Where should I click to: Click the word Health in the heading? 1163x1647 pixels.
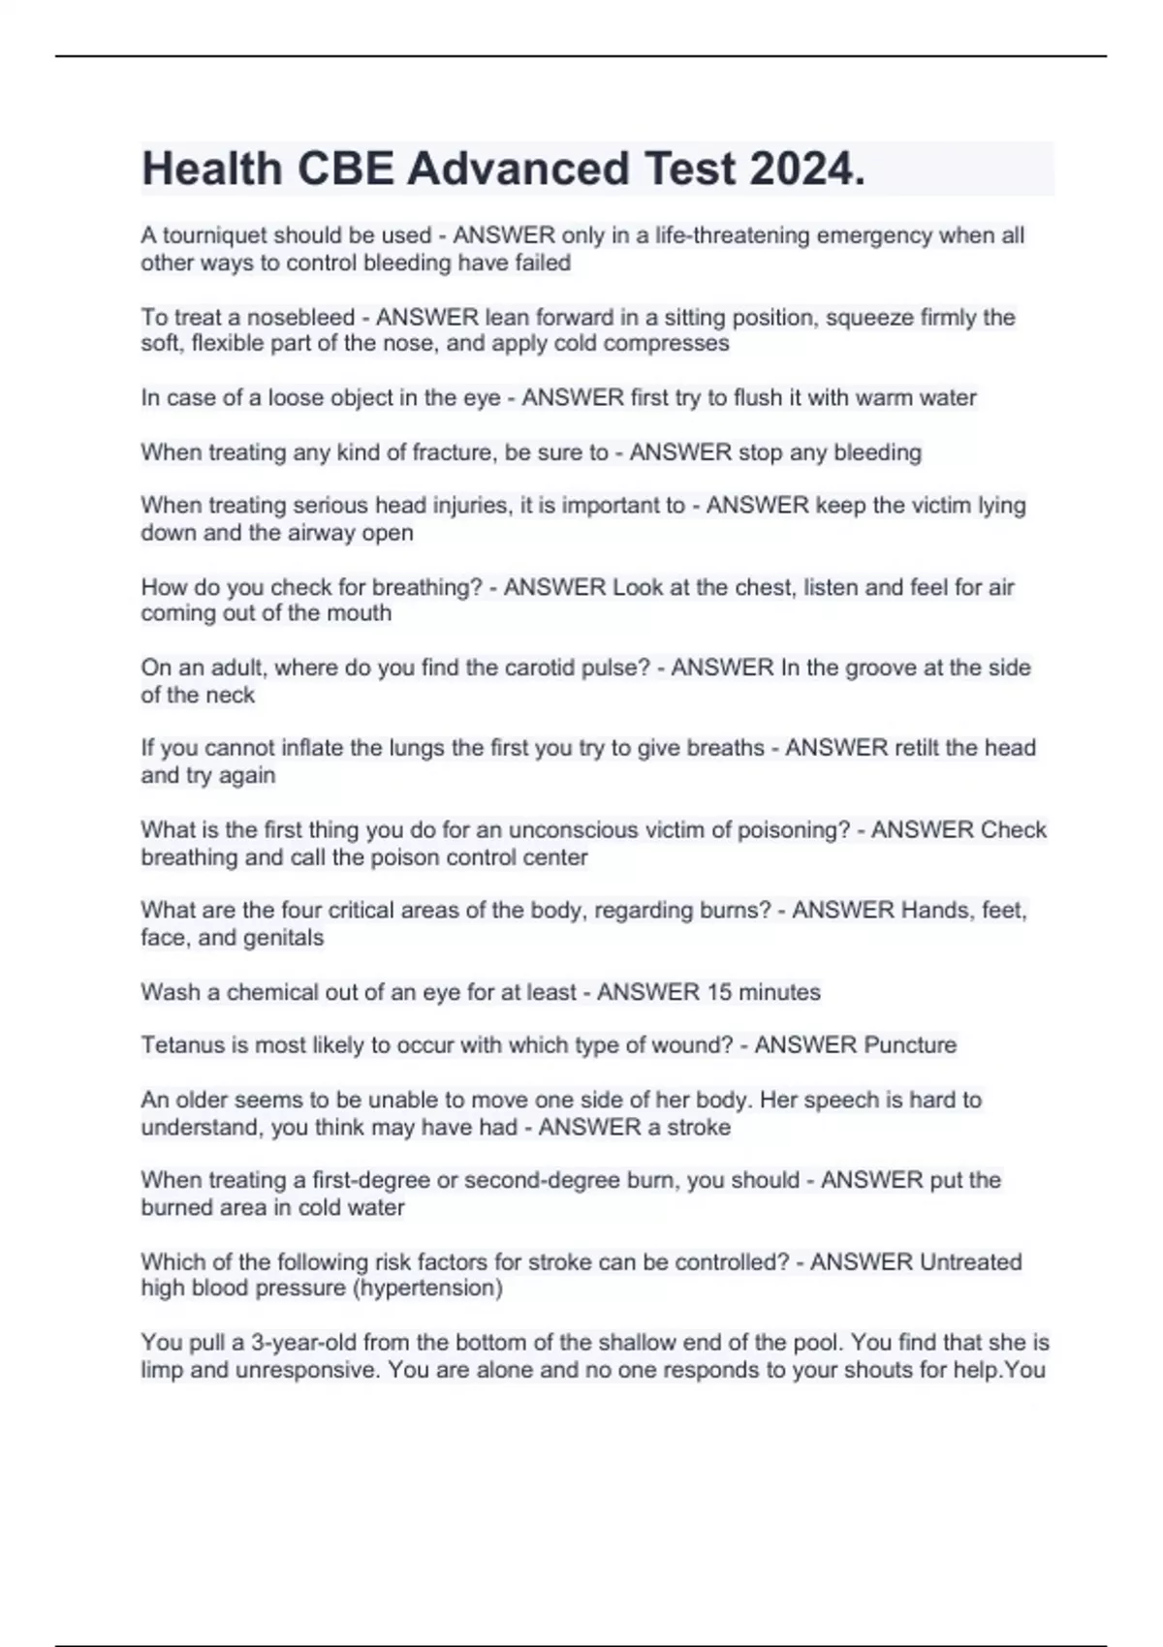click(212, 170)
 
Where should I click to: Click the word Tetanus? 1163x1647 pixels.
click(179, 1045)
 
